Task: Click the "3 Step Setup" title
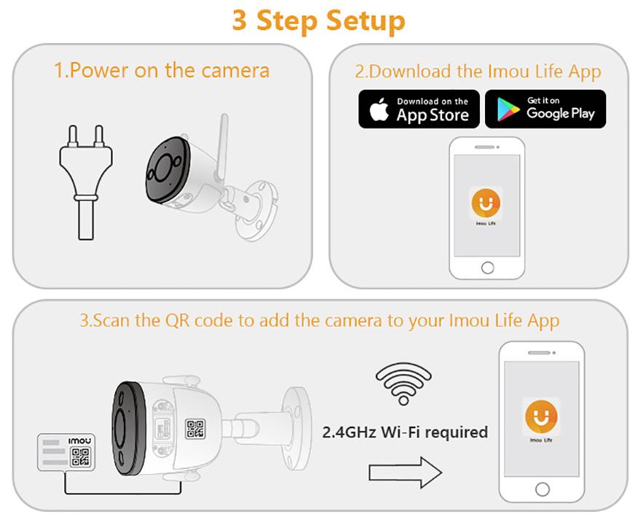(318, 20)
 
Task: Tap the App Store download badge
(419, 109)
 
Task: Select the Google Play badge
(546, 109)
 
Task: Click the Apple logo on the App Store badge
(379, 109)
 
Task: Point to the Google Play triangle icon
(508, 109)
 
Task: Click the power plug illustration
(86, 182)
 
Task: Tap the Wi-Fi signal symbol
(403, 384)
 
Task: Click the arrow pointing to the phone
(405, 473)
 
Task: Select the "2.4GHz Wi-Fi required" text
(405, 432)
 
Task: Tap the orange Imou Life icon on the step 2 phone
(486, 203)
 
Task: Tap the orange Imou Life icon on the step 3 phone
(541, 416)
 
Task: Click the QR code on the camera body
(195, 429)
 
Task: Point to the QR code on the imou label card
(80, 457)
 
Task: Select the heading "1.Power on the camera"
(162, 71)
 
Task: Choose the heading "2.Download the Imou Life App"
(478, 71)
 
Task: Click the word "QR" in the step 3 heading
(178, 321)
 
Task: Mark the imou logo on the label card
(80, 441)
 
